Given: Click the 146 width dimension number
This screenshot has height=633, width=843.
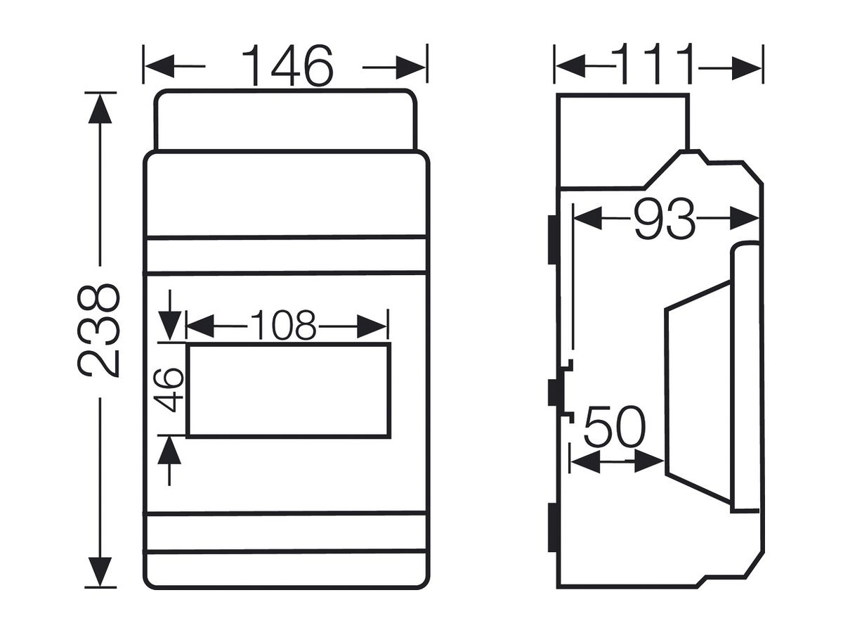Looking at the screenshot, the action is coord(287,65).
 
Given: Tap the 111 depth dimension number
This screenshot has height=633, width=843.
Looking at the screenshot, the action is coord(657,64).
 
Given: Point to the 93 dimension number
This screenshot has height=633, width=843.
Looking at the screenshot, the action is coord(664,219).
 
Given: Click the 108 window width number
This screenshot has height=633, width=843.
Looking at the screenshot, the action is coord(283,325).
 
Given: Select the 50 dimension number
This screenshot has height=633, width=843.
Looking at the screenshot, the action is coord(615,427).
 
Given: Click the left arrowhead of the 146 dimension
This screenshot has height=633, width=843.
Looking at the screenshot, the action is coord(159,66).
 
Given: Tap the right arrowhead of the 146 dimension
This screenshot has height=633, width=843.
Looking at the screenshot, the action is coord(410,68).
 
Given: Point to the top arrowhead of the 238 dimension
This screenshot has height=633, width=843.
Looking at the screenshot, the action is coord(100,108).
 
